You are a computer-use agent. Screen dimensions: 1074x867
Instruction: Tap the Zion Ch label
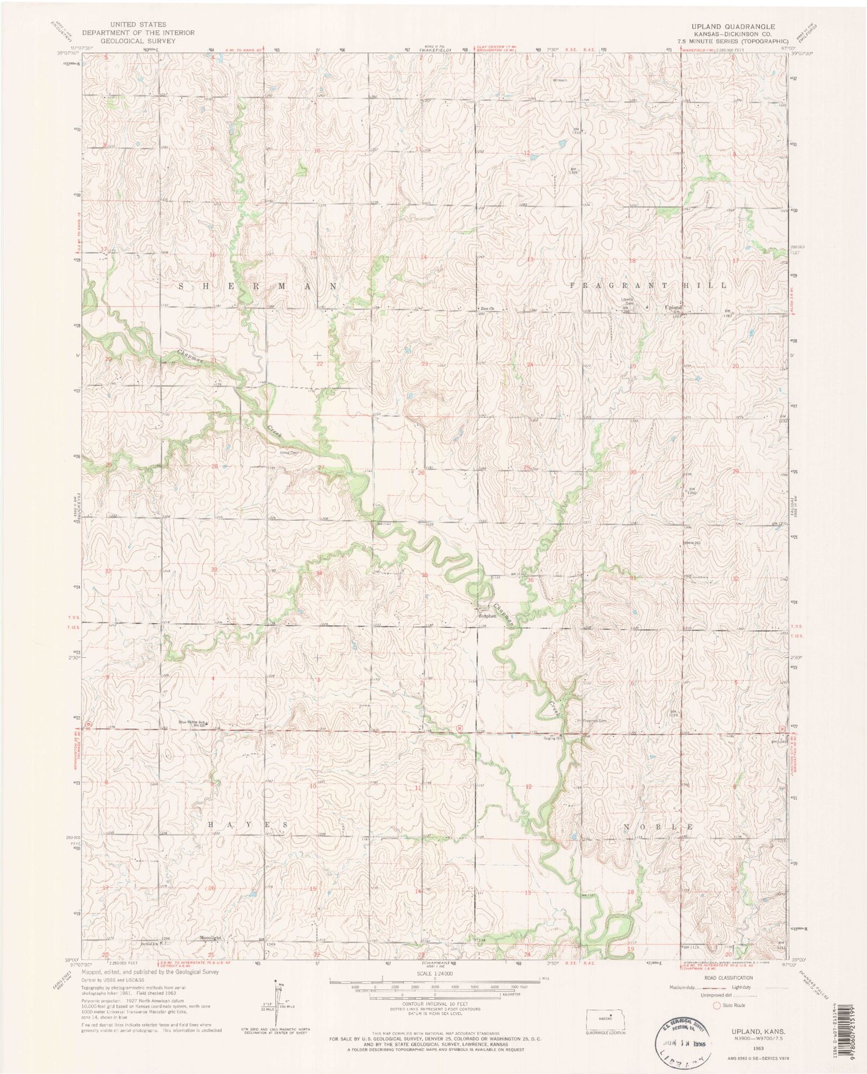tap(489, 309)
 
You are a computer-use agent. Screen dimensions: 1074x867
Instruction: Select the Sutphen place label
tap(487, 616)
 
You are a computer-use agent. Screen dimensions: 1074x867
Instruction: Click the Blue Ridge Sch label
tap(192, 723)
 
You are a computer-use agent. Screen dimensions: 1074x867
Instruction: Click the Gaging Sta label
tap(551, 737)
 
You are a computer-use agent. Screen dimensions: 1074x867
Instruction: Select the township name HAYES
tap(248, 823)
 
